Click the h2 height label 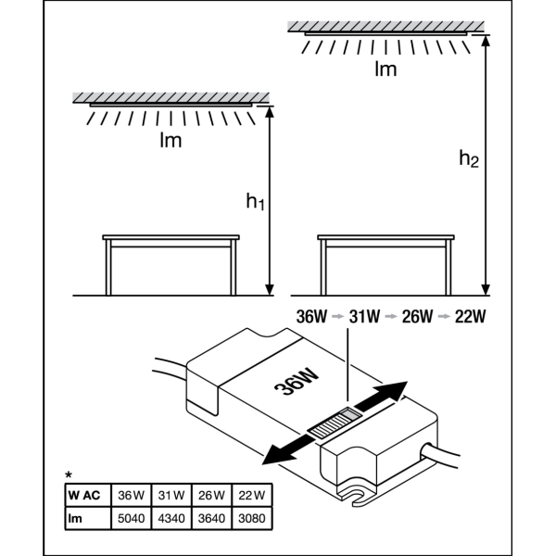click(469, 158)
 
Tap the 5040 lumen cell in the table click(133, 519)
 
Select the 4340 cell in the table click(172, 519)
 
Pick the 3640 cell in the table click(212, 519)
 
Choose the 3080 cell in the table click(252, 519)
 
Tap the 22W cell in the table click(252, 495)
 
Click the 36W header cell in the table click(133, 495)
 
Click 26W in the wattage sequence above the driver click(417, 316)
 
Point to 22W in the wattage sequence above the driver click(470, 316)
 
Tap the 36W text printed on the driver click(297, 382)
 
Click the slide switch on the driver click(330, 425)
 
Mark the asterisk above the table click(69, 475)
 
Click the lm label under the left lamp click(170, 141)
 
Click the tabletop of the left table click(171, 239)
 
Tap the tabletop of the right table click(386, 239)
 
